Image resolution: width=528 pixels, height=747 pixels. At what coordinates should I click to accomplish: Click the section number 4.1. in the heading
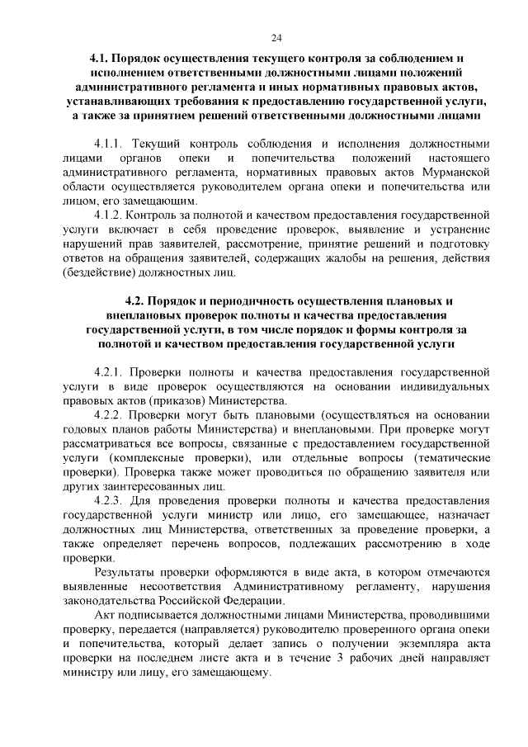pos(101,59)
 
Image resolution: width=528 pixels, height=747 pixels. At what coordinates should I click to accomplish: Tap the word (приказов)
pos(192,402)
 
